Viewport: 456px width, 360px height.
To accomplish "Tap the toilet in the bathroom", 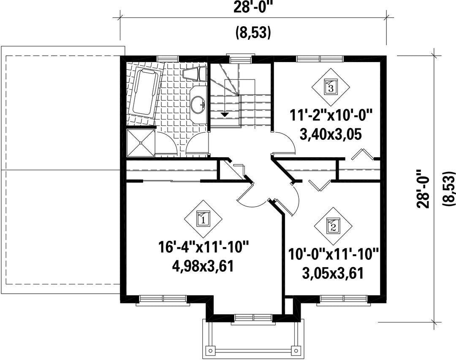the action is (195, 74).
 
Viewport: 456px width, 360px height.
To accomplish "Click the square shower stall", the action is (141, 143).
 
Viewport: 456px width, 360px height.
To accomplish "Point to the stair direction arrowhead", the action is (224, 115).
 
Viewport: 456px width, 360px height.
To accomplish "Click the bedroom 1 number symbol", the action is (203, 218).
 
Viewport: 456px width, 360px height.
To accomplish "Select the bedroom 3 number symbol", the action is (331, 87).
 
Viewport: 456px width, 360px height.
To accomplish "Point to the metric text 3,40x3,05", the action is (331, 135).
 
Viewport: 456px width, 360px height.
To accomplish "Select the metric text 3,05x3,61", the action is (333, 273).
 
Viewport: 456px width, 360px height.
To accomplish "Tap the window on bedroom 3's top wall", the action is (320, 58).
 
